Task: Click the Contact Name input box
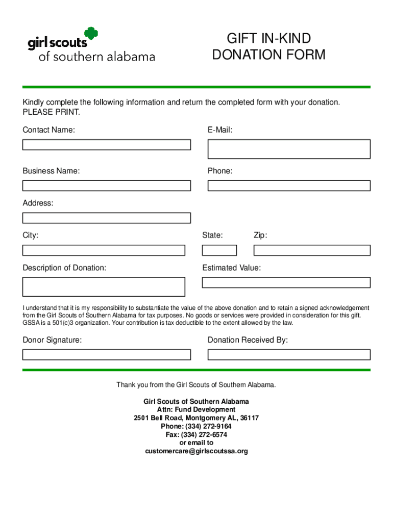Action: [x=106, y=145]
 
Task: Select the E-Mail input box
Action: [x=288, y=149]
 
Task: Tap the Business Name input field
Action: [x=106, y=186]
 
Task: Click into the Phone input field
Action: [x=288, y=186]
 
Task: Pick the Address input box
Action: [x=106, y=218]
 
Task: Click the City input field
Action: [x=104, y=250]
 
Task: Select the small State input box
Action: [x=219, y=250]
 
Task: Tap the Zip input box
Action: [x=312, y=250]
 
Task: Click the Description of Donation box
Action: [x=104, y=286]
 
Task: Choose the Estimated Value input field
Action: [x=286, y=282]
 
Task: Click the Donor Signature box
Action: [x=106, y=354]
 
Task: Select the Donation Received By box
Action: [x=288, y=354]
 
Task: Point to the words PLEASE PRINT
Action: [x=51, y=112]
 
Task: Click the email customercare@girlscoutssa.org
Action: [x=196, y=451]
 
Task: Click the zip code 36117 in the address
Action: [x=249, y=418]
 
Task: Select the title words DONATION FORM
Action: [x=268, y=55]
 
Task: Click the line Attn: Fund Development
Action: [x=196, y=410]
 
